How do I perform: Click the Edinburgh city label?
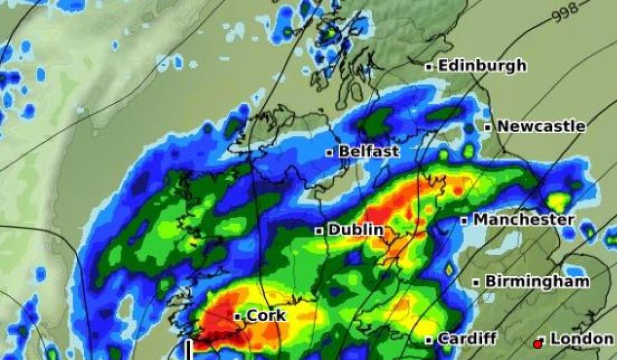pyautogui.click(x=482, y=66)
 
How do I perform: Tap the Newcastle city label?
pyautogui.click(x=541, y=127)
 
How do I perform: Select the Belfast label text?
pyautogui.click(x=369, y=152)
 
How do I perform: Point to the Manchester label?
pyautogui.click(x=523, y=220)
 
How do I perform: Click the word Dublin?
pyautogui.click(x=355, y=230)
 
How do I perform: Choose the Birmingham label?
pyautogui.click(x=537, y=282)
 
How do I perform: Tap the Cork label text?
pyautogui.click(x=266, y=316)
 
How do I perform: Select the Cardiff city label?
pyautogui.click(x=467, y=339)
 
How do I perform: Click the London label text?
pyautogui.click(x=582, y=339)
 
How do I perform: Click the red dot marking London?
pyautogui.click(x=538, y=343)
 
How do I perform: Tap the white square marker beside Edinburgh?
pyautogui.click(x=428, y=66)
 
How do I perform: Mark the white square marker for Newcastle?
pyautogui.click(x=487, y=127)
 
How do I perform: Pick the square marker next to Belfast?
pyautogui.click(x=330, y=152)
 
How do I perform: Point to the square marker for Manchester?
pyautogui.click(x=464, y=221)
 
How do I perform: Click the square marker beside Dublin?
pyautogui.click(x=319, y=231)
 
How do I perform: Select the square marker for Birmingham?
pyautogui.click(x=476, y=282)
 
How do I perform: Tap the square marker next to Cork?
pyautogui.click(x=238, y=317)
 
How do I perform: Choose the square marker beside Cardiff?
pyautogui.click(x=428, y=340)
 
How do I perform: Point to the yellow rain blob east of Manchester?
pyautogui.click(x=558, y=201)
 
